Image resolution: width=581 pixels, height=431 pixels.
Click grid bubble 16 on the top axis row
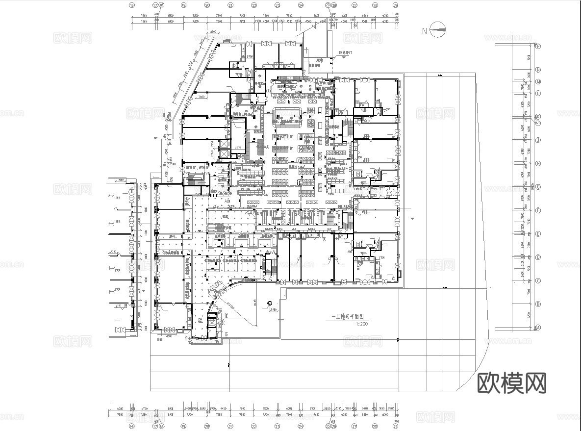point(131,5)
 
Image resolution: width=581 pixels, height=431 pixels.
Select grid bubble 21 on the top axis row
point(230,5)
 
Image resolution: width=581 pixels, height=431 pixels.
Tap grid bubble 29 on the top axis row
point(396,5)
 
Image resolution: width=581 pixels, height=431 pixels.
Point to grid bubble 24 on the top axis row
point(301,5)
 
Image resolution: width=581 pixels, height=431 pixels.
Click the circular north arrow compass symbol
point(437,30)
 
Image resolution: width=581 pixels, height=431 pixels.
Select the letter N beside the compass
point(425,31)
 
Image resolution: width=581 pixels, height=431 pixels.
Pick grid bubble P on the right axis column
point(538,47)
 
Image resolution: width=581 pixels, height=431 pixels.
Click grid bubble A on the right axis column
point(538,328)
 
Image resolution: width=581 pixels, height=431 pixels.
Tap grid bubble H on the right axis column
point(538,163)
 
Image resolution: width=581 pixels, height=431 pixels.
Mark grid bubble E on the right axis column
point(538,234)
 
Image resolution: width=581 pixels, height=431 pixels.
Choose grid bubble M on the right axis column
point(538,81)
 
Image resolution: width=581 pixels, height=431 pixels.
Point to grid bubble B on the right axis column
point(538,304)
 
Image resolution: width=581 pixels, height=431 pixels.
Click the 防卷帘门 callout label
point(346,52)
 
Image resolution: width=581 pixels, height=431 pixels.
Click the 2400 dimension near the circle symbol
point(273,310)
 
